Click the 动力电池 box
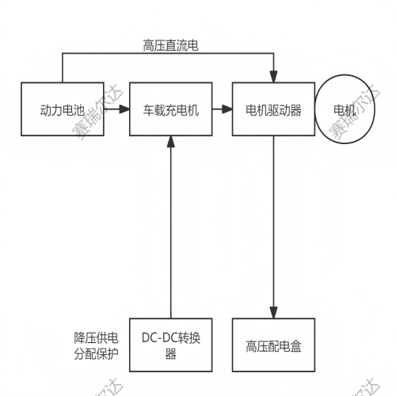click(x=63, y=111)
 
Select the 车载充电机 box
click(x=170, y=111)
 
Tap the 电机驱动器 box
click(x=274, y=111)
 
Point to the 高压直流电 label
click(x=170, y=46)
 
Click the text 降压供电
click(x=96, y=338)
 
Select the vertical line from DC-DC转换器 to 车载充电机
click(x=170, y=230)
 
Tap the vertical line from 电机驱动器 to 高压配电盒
click(x=274, y=230)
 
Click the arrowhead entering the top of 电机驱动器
click(x=274, y=78)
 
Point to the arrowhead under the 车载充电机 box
click(x=170, y=143)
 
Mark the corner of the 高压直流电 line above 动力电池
click(x=63, y=55)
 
